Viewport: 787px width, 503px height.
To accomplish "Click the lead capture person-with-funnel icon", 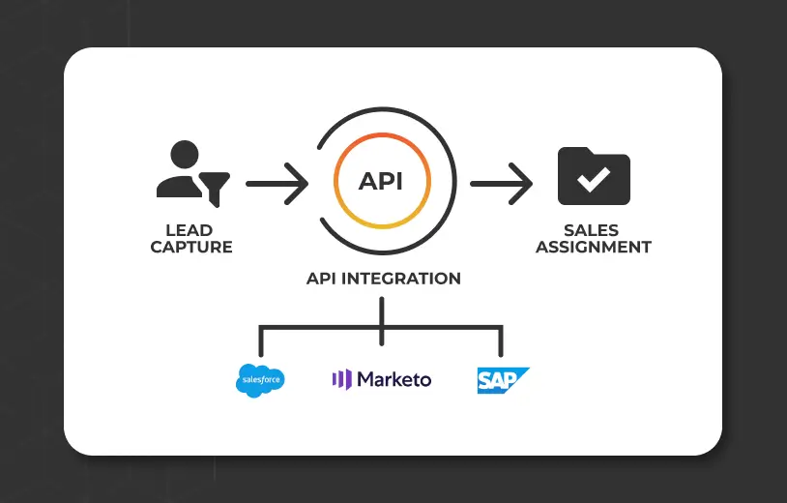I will pyautogui.click(x=190, y=174).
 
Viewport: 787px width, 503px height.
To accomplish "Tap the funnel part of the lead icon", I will pyautogui.click(x=215, y=187).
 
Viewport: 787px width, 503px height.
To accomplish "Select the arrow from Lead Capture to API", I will pyautogui.click(x=277, y=182).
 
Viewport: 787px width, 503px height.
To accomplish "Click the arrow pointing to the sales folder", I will pyautogui.click(x=501, y=182).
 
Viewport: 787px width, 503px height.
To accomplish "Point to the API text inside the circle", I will pyautogui.click(x=381, y=182).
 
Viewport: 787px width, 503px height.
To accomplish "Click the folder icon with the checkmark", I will pyautogui.click(x=594, y=176).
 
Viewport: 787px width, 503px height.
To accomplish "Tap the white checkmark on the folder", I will pyautogui.click(x=594, y=180).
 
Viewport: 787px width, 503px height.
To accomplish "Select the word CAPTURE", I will pyautogui.click(x=191, y=248).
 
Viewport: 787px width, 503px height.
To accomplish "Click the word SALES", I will pyautogui.click(x=593, y=231).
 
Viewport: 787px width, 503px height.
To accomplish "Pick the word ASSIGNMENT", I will pyautogui.click(x=593, y=248).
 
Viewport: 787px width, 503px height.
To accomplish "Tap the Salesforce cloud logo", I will pyautogui.click(x=260, y=379).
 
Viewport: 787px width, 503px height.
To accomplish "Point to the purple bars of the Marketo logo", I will pyautogui.click(x=341, y=379).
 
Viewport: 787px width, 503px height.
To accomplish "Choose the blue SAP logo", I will pyautogui.click(x=502, y=379).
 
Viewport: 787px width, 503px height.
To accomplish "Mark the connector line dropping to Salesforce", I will pyautogui.click(x=261, y=343).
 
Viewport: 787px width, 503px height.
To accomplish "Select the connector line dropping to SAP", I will pyautogui.click(x=501, y=343).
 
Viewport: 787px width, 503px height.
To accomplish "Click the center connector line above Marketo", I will pyautogui.click(x=382, y=319).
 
